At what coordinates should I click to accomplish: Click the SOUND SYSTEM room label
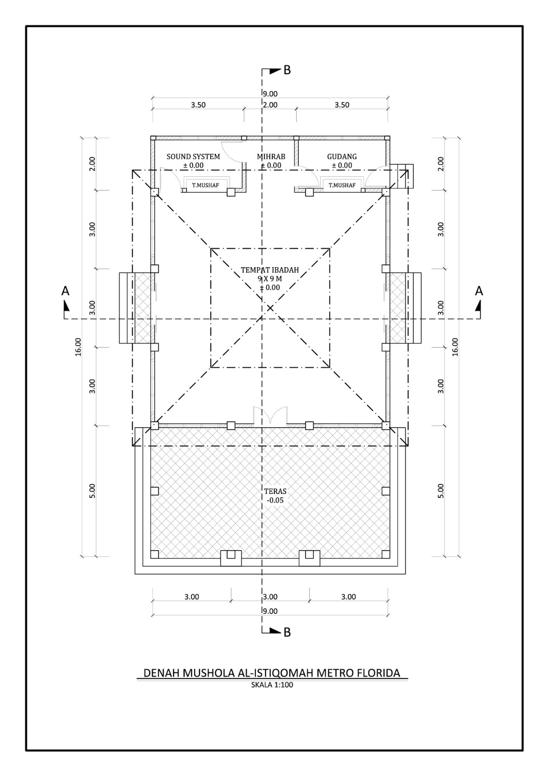pos(193,157)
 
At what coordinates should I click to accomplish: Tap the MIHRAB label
pos(271,157)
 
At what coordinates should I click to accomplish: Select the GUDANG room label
pos(342,157)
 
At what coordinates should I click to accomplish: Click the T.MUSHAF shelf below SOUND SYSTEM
pos(205,185)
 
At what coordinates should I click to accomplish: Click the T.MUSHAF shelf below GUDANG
pos(342,185)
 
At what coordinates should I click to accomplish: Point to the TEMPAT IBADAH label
pos(270,270)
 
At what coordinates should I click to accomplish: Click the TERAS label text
pos(275,491)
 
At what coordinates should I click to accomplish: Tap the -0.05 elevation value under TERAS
pos(275,500)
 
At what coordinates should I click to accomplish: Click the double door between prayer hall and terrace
pos(270,416)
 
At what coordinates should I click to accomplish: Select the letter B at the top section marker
pos(287,70)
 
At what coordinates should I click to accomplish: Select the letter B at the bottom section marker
pos(287,632)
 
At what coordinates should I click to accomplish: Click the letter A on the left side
pos(66,291)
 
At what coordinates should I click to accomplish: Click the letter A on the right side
pos(479,291)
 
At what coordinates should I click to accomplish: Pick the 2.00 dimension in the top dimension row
pos(270,105)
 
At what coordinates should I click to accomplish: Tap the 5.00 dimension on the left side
pos(93,490)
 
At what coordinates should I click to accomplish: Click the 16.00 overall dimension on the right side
pos(455,347)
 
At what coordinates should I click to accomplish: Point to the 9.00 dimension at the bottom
pos(270,611)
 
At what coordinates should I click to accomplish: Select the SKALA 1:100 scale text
pos(272,685)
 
